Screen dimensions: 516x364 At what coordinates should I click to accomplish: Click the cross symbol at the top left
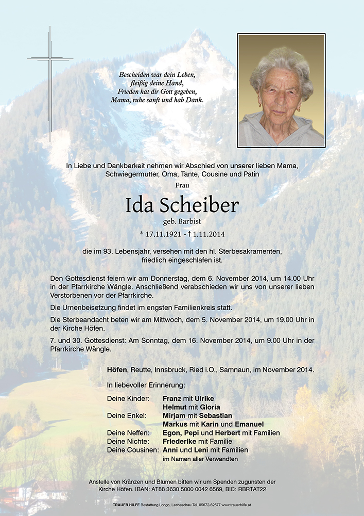[x=50, y=59]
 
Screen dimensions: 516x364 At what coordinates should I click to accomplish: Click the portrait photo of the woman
[x=281, y=91]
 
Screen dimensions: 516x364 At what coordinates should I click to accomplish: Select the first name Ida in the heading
[x=140, y=205]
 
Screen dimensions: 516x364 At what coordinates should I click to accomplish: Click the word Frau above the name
[x=182, y=184]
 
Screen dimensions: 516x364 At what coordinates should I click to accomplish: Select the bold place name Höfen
[x=117, y=370]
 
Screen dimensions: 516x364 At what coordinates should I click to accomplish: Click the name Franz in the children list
[x=172, y=398]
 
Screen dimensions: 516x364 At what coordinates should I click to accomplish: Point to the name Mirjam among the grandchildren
[x=174, y=415]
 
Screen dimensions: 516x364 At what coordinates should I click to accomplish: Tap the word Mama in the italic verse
[x=120, y=100]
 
